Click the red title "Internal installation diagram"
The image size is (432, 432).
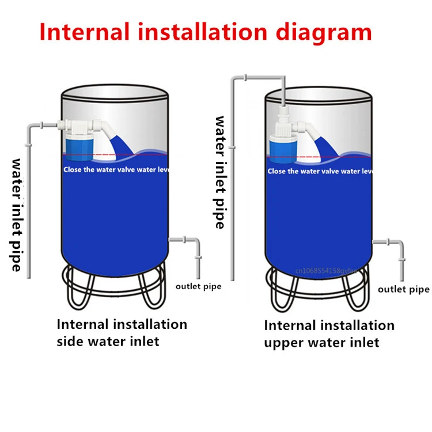tap(206, 31)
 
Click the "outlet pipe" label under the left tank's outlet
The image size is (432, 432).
tap(198, 286)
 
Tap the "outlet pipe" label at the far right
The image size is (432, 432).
tap(403, 289)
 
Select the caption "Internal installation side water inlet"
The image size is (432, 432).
tap(122, 332)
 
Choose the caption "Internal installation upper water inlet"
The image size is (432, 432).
tap(329, 334)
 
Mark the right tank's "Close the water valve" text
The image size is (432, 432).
tap(320, 171)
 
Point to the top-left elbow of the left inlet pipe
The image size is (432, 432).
tap(29, 125)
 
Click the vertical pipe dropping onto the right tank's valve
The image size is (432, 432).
tap(283, 92)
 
